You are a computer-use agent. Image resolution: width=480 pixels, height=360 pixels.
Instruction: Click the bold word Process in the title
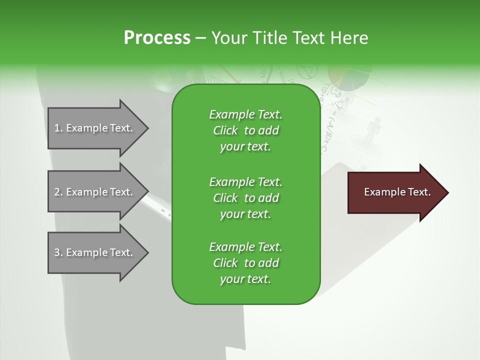157,38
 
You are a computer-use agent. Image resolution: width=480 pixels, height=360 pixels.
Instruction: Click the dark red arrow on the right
395,192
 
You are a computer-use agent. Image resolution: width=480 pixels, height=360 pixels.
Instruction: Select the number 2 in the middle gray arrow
57,192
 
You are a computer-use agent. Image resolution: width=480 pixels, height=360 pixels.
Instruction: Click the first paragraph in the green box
245,130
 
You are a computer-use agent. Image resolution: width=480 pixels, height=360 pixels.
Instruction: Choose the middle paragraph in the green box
245,197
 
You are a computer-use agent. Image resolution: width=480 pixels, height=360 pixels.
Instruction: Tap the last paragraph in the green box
245,263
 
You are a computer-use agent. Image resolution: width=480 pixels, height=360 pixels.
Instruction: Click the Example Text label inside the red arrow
397,192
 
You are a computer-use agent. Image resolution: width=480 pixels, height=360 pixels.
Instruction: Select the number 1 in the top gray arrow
57,128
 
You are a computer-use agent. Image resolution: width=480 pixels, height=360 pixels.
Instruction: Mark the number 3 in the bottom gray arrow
57,252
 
